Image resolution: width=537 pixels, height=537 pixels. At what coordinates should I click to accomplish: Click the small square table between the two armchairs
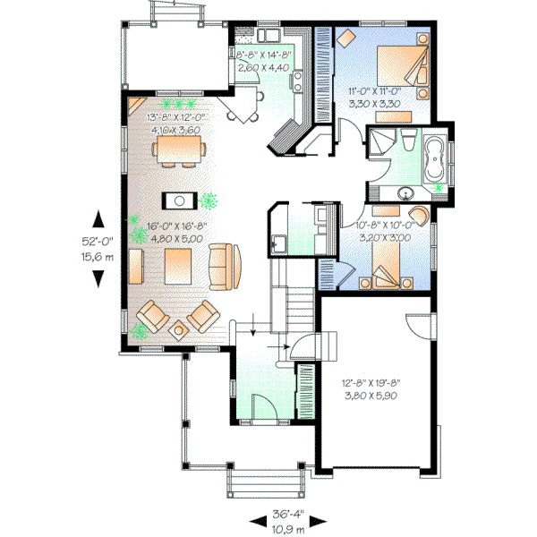click(x=179, y=329)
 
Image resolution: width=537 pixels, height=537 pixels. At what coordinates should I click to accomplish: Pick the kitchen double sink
click(x=268, y=37)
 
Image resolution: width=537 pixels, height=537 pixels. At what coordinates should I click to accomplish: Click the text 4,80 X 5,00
click(x=175, y=239)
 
